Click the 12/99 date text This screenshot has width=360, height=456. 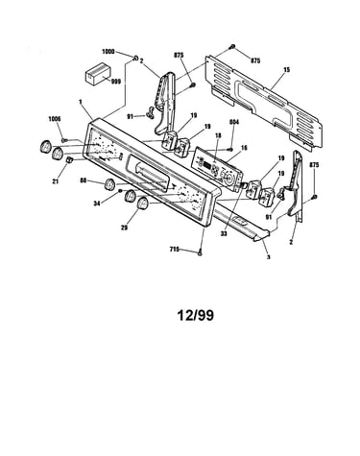pos(196,316)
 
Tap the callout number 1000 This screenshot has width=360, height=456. pos(108,52)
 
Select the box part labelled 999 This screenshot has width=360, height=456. pos(98,74)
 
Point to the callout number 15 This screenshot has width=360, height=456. pos(287,69)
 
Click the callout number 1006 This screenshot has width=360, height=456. pos(55,119)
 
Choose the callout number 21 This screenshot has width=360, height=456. pos(55,181)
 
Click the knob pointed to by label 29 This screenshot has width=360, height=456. pos(142,204)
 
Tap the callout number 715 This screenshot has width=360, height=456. pos(174,250)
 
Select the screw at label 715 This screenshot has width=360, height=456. pos(201,252)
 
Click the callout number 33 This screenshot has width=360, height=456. pos(224,234)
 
